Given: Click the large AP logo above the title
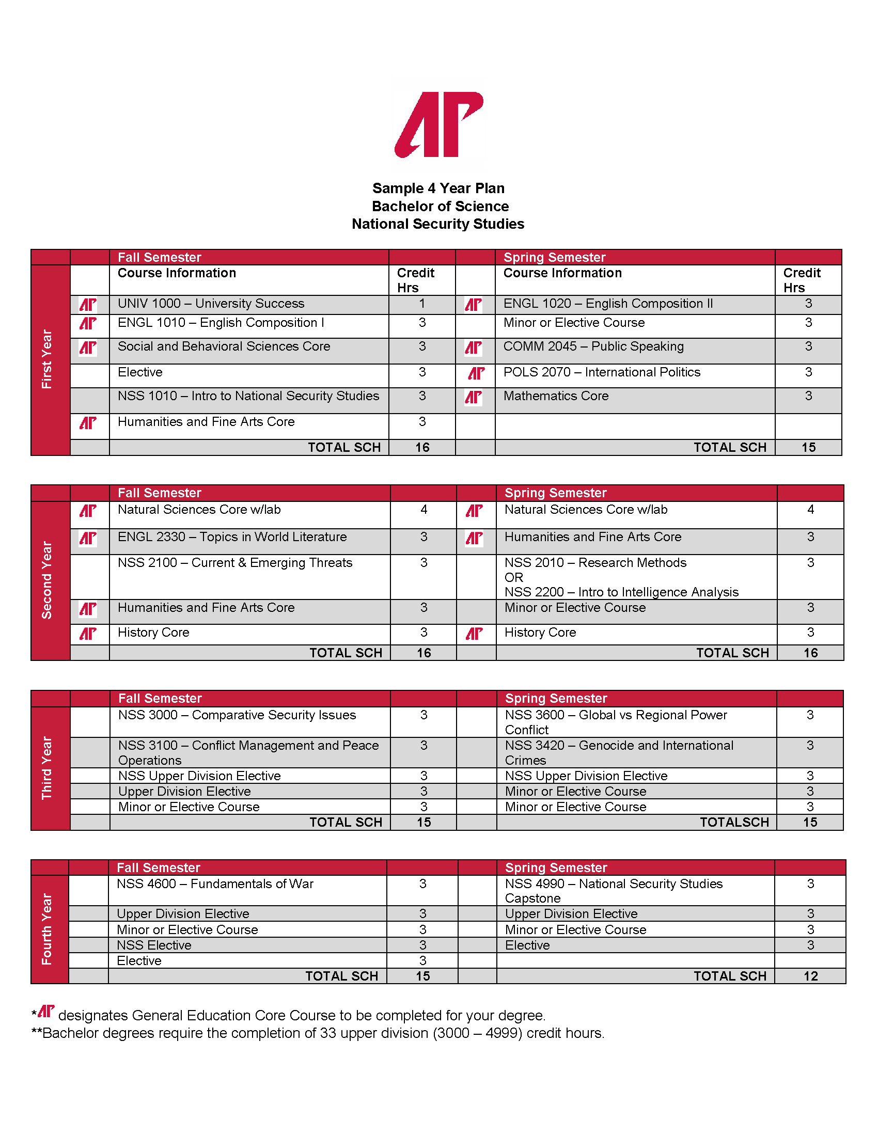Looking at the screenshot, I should click(x=439, y=125).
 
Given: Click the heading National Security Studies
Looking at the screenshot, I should click(x=438, y=224).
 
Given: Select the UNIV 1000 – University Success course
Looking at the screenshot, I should click(x=211, y=304).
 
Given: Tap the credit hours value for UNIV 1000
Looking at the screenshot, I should click(x=422, y=304).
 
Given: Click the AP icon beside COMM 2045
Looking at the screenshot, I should click(x=473, y=348).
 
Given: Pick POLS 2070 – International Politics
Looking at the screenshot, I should click(x=602, y=372).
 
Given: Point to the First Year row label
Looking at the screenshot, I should click(x=48, y=359).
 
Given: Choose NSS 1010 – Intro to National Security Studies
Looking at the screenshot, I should click(x=248, y=397).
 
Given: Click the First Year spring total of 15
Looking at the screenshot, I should click(x=808, y=448).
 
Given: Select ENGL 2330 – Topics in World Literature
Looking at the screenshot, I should click(x=232, y=538).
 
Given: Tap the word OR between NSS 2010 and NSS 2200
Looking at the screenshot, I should click(x=514, y=578).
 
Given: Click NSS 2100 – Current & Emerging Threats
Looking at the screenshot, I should click(x=235, y=563).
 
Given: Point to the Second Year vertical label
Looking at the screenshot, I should click(x=48, y=580).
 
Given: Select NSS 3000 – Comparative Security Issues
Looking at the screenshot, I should click(x=237, y=715).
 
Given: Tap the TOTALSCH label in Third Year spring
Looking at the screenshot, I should click(x=734, y=823).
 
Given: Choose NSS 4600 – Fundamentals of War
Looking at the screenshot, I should click(x=215, y=884).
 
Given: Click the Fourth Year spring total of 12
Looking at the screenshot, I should click(x=810, y=976).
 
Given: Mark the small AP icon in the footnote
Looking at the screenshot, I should click(x=46, y=1011).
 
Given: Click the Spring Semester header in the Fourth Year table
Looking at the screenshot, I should click(x=556, y=867).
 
